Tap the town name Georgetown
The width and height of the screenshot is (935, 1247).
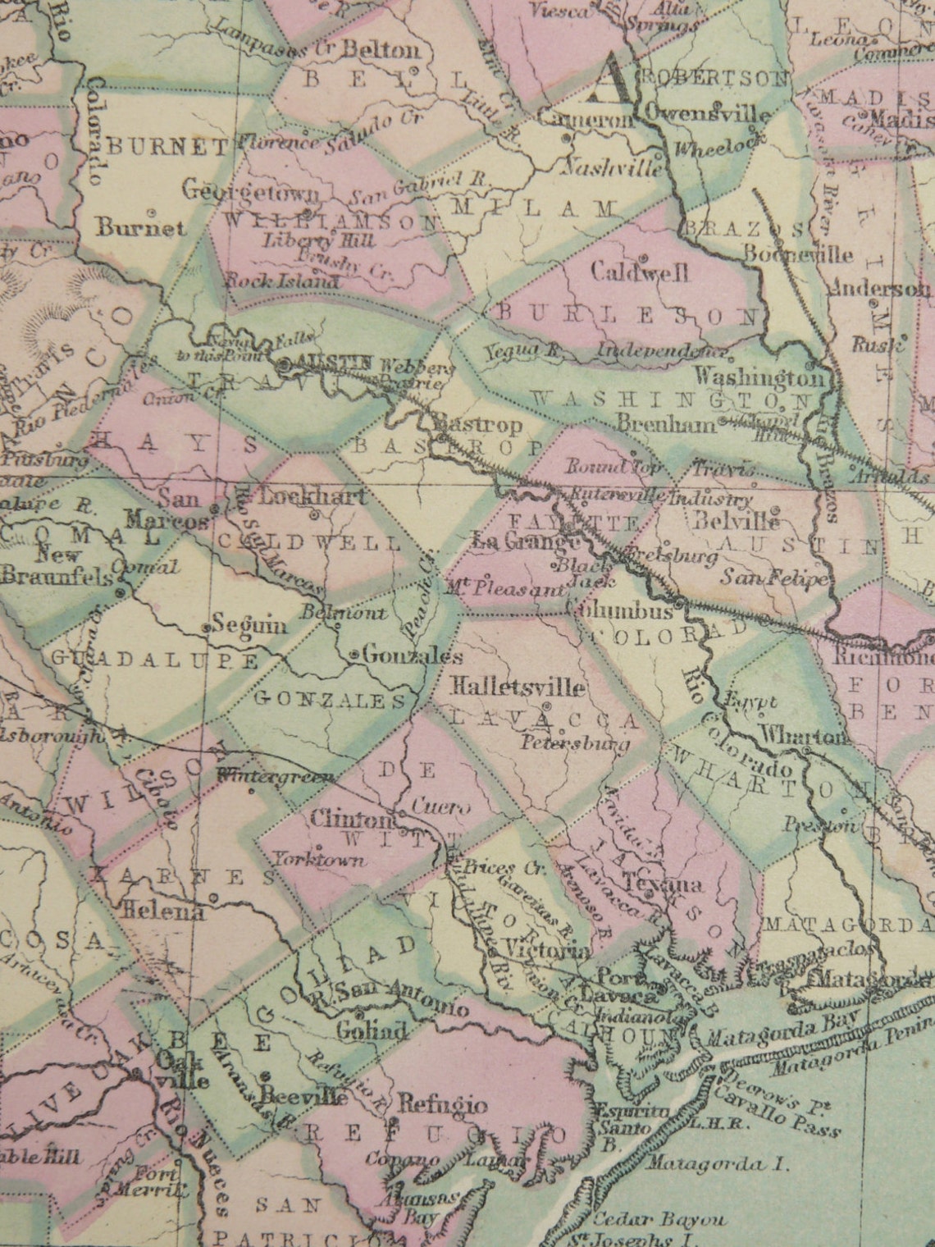pyautogui.click(x=250, y=191)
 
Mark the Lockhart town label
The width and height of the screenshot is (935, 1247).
pyautogui.click(x=312, y=496)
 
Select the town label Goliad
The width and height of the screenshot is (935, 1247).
pyautogui.click(x=372, y=1030)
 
